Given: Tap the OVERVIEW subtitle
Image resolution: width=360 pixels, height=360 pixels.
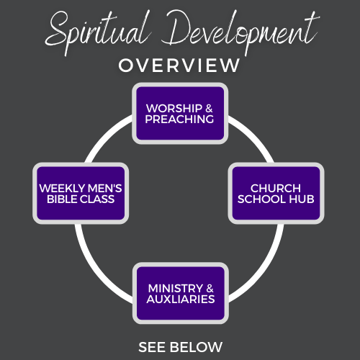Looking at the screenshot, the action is coord(179,66).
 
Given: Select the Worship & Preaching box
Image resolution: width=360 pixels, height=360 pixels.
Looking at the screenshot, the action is coord(180,113).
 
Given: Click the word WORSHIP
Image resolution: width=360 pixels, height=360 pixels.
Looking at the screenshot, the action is coord(174,108).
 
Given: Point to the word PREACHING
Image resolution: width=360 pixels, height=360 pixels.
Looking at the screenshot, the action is coord(179,119).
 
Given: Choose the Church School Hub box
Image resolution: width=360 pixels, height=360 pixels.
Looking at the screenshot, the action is coord(276,193).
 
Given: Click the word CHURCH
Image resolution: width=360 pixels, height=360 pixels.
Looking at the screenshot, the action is coord(276,188).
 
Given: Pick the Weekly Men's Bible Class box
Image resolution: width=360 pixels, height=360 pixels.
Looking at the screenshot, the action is coord(81,193).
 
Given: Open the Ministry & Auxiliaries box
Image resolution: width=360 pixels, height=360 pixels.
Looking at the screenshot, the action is coord(181,293).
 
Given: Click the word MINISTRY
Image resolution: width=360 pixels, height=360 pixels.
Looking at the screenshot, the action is coord(176,288).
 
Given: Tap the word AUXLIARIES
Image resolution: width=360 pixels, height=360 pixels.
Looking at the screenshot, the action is coord(181,299).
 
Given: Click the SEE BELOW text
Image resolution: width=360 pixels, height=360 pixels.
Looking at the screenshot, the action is coord(180,347).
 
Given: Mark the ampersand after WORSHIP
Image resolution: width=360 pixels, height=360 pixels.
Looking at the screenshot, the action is coord(209,108).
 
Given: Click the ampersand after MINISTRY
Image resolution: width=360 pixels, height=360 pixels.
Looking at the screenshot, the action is coord(210,288).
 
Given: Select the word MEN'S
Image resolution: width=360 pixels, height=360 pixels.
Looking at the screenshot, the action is coord(105,188).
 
